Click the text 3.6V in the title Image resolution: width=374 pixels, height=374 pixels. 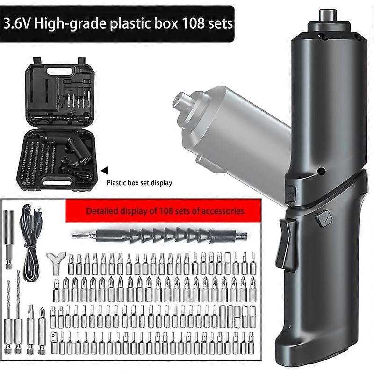click(19, 23)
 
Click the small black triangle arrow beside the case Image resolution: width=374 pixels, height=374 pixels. click(104, 171)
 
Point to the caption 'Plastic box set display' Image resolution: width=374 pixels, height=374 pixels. click(139, 183)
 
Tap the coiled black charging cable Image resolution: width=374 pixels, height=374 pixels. click(30, 247)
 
